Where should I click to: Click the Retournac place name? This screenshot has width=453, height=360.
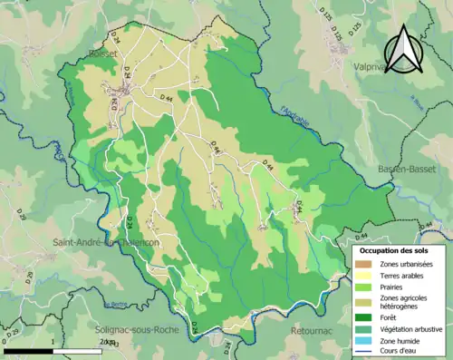click(314, 332)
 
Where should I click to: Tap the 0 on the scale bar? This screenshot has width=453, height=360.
click(5, 343)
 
